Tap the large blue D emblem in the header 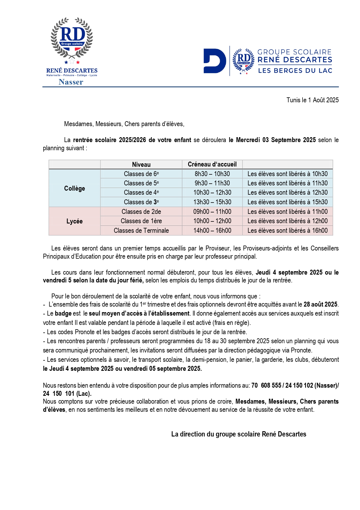coord(215,61)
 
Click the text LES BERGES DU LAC coord(295,71)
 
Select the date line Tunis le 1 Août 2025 coord(312,100)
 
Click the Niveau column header coord(141,164)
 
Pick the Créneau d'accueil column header coord(212,164)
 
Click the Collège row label coord(75,188)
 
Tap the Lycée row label coord(75,221)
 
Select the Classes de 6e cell coord(141,174)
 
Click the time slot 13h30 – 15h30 coord(212,202)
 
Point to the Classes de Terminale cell coord(141,231)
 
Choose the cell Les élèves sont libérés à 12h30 coord(287,193)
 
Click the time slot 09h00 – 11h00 coord(212,212)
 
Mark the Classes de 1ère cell coord(141,221)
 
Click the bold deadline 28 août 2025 coord(320,305)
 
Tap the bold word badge coord(63,314)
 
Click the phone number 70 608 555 coord(266,386)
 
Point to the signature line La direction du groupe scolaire coord(239,434)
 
